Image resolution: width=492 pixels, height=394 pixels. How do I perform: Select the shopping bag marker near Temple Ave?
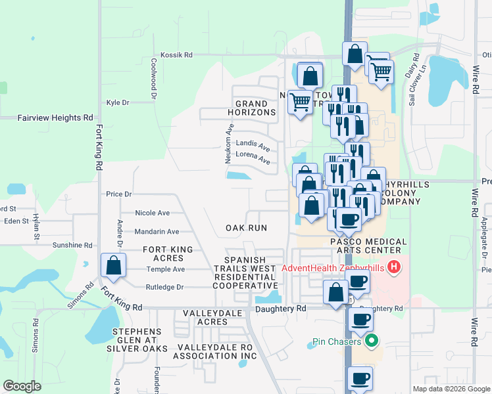tap(113, 267)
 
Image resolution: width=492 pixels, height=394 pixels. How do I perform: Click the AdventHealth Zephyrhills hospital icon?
tap(393, 267)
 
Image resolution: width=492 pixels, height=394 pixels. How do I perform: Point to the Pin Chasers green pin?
tap(372, 341)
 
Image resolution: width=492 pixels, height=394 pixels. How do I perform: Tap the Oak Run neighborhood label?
tap(246, 228)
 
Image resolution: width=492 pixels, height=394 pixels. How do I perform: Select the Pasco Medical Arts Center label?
tap(365, 246)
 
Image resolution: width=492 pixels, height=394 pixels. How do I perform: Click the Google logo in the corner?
tap(22, 386)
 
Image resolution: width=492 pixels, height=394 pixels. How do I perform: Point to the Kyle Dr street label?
tap(118, 103)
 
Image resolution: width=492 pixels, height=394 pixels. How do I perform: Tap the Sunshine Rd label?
tap(72, 245)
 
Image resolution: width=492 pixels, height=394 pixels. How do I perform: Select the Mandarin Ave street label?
tap(157, 232)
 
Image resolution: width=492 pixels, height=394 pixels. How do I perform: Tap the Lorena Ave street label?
tap(253, 159)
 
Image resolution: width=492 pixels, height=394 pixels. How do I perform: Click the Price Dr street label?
tap(119, 194)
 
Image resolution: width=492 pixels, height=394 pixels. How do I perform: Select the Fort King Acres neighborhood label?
tap(168, 253)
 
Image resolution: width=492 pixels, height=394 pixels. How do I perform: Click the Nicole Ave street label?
tap(152, 213)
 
